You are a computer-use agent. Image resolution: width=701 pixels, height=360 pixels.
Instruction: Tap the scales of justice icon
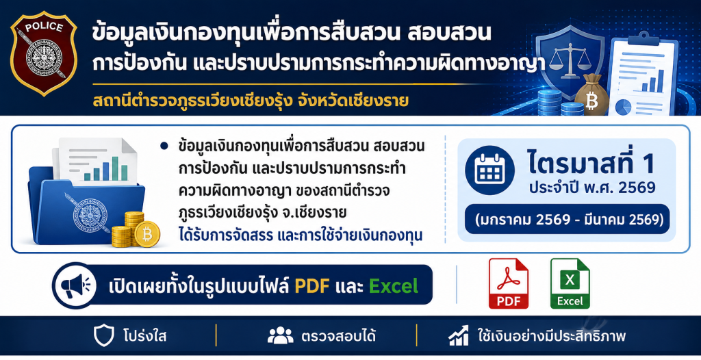[x=569, y=58]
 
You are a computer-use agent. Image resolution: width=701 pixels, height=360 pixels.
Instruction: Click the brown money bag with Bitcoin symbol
[x=591, y=95]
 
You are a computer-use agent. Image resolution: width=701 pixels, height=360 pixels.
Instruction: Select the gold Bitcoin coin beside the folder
[x=147, y=234]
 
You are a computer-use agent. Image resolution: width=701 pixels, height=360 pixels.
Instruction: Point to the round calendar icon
[x=489, y=170]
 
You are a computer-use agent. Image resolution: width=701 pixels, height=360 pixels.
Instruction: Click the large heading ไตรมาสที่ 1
[x=591, y=163]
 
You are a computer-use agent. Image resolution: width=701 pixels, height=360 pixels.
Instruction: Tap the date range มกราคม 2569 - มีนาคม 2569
[x=567, y=220]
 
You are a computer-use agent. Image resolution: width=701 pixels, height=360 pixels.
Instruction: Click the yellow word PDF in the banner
[x=311, y=286]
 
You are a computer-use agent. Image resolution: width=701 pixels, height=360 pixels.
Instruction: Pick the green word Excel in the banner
[x=394, y=286]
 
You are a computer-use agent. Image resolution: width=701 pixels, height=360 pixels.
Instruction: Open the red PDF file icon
[x=509, y=283]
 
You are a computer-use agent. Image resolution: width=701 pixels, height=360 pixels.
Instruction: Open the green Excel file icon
[x=570, y=283]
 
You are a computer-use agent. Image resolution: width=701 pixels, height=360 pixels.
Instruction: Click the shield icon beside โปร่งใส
[x=104, y=336]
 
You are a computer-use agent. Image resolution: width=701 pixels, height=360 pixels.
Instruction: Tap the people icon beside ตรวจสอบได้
[x=280, y=335]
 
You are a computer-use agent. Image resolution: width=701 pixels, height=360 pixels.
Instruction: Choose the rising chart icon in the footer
[x=458, y=335]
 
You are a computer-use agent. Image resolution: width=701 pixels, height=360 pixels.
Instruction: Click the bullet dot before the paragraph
[x=164, y=146]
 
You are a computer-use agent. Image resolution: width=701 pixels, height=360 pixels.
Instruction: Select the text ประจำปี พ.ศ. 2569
[x=592, y=188]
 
